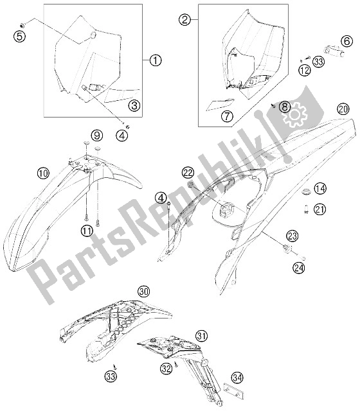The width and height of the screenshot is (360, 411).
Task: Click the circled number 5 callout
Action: (x=20, y=36)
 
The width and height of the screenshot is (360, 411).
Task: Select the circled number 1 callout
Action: (x=156, y=60)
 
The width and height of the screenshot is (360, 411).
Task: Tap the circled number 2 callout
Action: (x=184, y=20)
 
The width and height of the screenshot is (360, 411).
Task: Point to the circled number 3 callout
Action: (x=134, y=105)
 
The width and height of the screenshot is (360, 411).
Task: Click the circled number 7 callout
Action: (x=227, y=116)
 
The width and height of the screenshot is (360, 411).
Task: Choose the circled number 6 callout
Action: (x=347, y=41)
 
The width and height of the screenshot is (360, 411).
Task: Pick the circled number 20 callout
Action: (x=343, y=109)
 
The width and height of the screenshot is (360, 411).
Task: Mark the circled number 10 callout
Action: (x=43, y=173)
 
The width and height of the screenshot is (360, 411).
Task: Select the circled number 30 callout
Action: (x=144, y=292)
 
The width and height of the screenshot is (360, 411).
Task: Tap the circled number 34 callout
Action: (x=237, y=378)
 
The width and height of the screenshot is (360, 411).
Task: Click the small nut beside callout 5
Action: (x=23, y=25)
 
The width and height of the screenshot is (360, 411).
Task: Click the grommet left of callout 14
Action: (x=306, y=191)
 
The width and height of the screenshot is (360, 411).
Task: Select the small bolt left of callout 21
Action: (x=306, y=209)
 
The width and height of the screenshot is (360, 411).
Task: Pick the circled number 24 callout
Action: (x=299, y=268)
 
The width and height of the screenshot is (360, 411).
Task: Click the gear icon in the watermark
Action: (x=295, y=115)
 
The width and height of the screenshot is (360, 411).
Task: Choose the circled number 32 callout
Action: (x=166, y=369)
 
